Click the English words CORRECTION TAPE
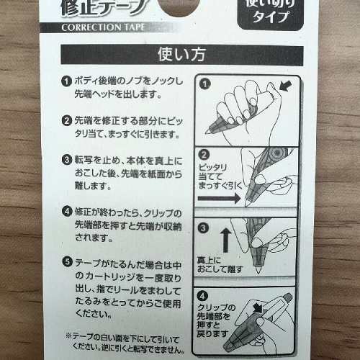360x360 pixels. [104, 27]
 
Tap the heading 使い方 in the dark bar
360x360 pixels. [181, 55]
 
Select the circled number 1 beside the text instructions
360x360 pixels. [66, 81]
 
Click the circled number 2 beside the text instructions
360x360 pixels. [66, 120]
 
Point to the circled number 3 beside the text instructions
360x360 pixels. [66, 160]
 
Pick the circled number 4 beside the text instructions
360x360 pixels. [67, 212]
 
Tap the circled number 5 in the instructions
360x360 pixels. [67, 262]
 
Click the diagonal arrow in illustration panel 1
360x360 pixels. [286, 86]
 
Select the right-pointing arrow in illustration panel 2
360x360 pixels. [219, 199]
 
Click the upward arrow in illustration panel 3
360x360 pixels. [225, 240]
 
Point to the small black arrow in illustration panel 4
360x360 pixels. [258, 308]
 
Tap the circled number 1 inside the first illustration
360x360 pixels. [204, 84]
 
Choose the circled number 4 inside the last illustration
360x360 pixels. [202, 296]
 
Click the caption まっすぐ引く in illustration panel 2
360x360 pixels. [220, 186]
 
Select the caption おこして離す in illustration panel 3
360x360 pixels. [220, 269]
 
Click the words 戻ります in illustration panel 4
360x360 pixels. [212, 333]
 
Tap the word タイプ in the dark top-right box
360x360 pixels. [271, 17]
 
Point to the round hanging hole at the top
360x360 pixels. [179, 5]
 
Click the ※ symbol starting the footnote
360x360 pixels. [69, 336]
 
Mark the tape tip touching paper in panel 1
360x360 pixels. [207, 132]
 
